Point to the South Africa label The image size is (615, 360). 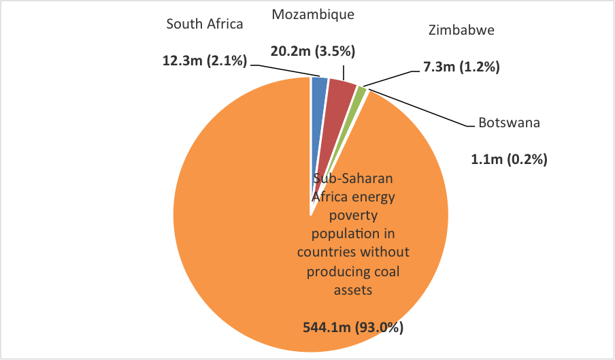(205, 24)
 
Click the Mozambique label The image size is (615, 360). (313, 14)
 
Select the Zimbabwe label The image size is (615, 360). (461, 30)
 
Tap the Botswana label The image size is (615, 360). (510, 123)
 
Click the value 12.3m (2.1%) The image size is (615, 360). (204, 60)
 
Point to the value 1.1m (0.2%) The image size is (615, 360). (510, 160)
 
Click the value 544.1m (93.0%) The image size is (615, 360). (353, 327)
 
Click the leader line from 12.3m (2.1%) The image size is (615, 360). (286, 69)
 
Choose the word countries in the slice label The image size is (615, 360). (323, 252)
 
